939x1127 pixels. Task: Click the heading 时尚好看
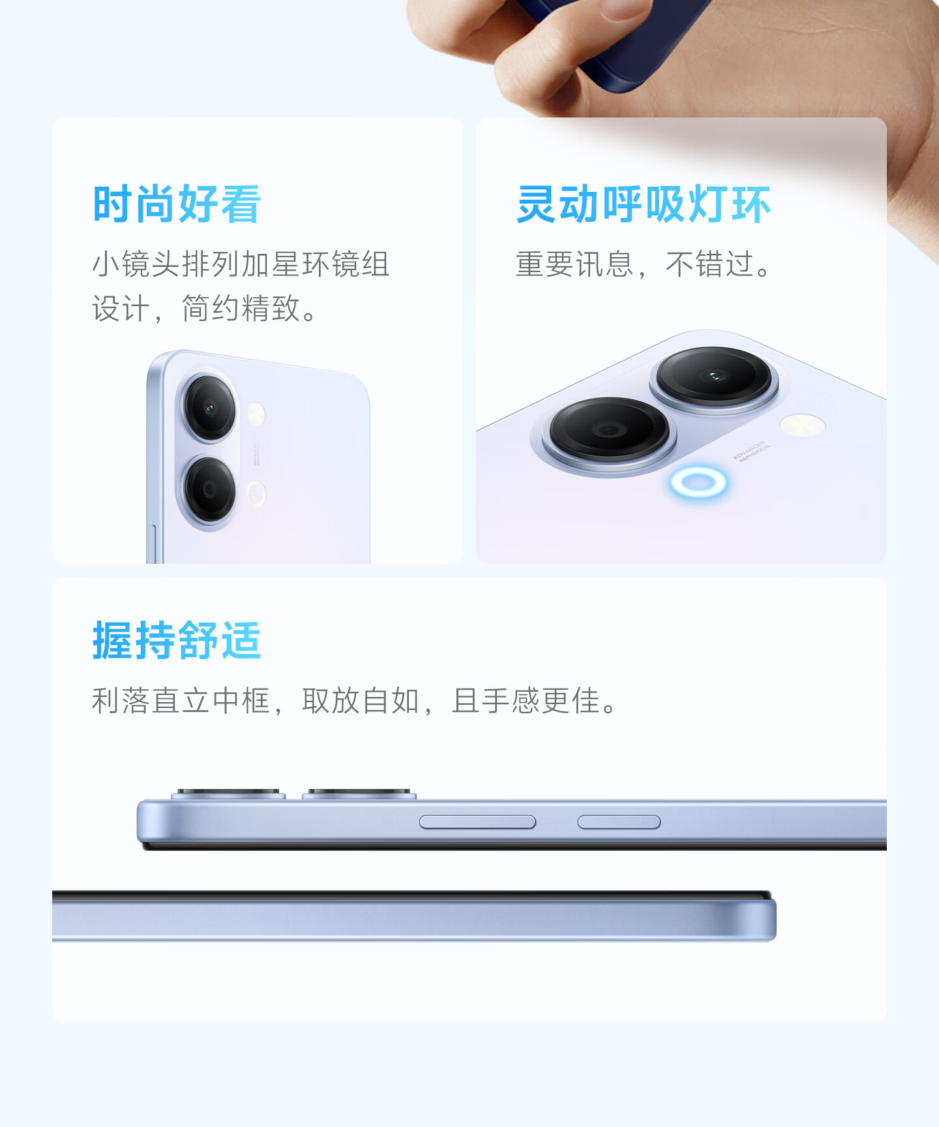point(177,204)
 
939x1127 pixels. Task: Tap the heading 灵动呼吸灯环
point(644,204)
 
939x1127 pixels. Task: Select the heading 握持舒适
point(177,640)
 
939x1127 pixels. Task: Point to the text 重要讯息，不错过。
point(644,264)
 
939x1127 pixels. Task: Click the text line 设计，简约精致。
point(205,309)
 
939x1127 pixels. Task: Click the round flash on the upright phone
point(256,414)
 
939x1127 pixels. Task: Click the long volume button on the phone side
point(477,822)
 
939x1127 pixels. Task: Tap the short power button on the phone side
point(619,822)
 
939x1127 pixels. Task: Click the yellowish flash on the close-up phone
point(802,425)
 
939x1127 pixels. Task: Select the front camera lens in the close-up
point(609,429)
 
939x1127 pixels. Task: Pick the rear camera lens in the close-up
point(713,376)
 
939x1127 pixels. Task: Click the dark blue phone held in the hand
point(626,39)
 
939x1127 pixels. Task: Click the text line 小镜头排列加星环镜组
point(241,264)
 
